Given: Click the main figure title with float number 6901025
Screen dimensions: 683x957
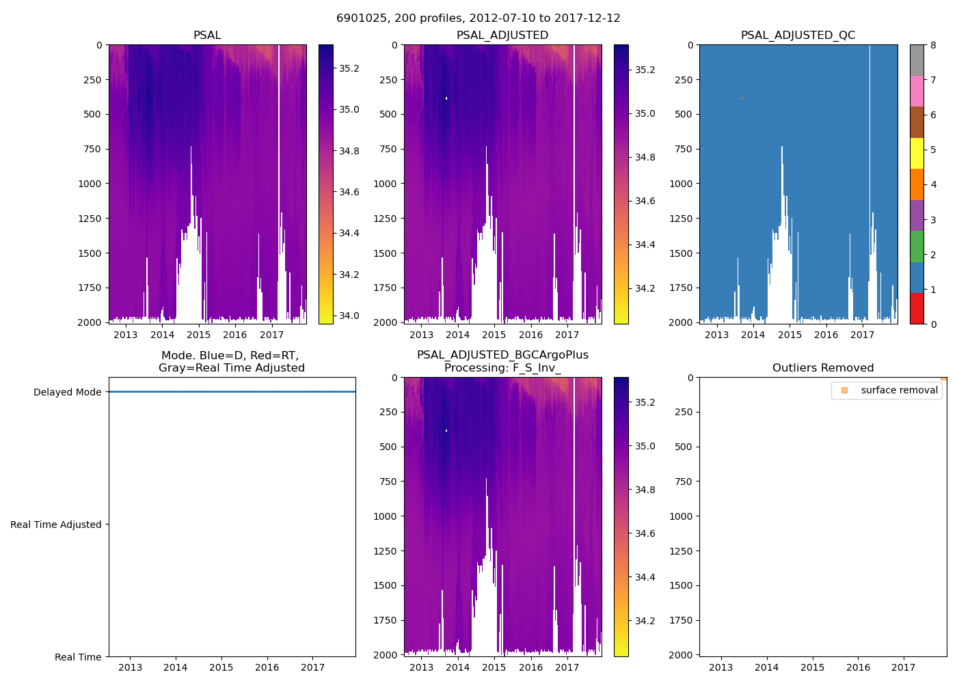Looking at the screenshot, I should click(478, 18).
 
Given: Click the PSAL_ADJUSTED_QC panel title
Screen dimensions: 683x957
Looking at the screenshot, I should click(798, 36).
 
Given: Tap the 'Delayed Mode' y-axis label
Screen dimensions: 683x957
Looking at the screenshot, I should click(67, 392).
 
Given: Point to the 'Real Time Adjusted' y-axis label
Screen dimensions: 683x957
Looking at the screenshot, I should click(56, 525).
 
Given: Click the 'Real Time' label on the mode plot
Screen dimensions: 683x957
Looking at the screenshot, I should click(78, 657).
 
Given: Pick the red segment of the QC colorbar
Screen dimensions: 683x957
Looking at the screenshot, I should click(917, 309).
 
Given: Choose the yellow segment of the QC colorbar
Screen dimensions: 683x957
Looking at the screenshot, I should click(917, 154).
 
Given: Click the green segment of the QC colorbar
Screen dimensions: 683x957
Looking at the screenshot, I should click(917, 247).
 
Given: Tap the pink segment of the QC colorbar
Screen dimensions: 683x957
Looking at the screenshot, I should click(917, 92).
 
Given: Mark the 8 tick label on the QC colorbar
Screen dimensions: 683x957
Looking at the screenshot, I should click(933, 45).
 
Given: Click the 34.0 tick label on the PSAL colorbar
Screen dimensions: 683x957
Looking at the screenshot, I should click(349, 316).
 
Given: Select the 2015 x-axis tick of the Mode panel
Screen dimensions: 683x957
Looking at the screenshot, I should click(221, 667).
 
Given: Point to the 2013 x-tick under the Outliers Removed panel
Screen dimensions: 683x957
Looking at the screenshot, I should click(721, 667).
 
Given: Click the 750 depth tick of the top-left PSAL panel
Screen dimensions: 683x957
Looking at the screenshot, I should click(92, 149).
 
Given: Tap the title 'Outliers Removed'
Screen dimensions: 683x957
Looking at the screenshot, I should click(823, 368).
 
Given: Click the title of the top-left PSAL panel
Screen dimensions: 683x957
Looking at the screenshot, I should click(207, 36).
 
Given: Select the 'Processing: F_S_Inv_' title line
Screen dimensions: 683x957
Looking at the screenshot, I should click(502, 368).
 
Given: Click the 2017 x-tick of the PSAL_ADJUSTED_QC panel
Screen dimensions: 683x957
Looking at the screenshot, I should click(862, 335).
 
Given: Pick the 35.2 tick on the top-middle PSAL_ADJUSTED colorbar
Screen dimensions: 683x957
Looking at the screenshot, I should click(645, 70).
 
